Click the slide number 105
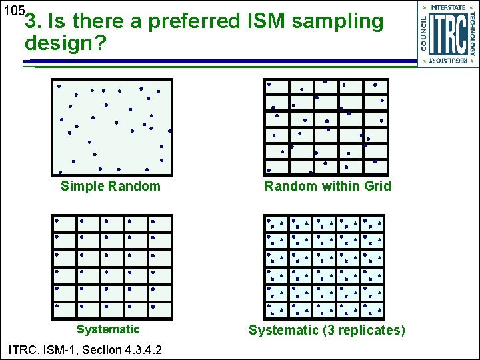(13, 11)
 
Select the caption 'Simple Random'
(111, 186)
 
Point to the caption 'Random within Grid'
(328, 186)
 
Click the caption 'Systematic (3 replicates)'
(327, 330)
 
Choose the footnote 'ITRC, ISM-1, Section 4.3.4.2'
(83, 349)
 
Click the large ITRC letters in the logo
(448, 34)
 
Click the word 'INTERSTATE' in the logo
(448, 8)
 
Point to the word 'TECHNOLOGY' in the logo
(472, 33)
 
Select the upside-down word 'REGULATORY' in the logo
(448, 61)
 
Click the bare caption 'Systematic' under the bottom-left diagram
(108, 329)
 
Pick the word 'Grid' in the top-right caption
(378, 186)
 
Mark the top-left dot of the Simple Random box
(59, 86)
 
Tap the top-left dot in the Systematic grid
(57, 220)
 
